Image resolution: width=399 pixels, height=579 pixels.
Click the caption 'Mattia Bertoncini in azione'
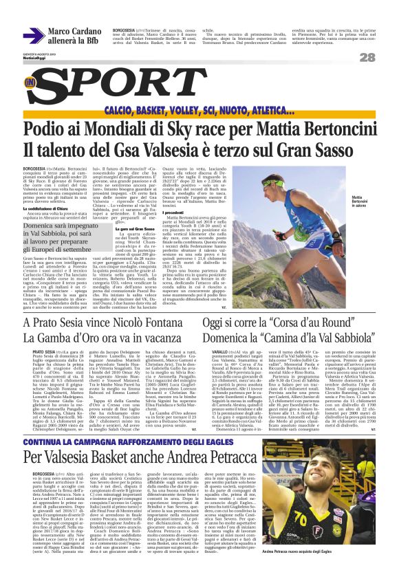tap(362, 202)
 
